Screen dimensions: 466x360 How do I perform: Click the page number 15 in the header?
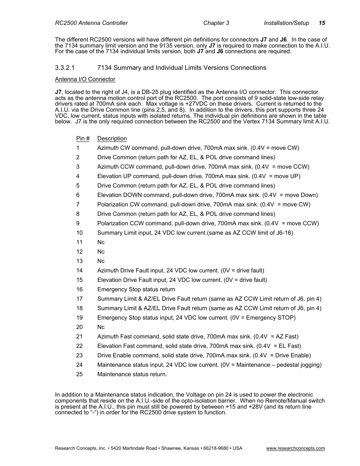click(x=322, y=23)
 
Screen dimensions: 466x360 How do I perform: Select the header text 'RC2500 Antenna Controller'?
click(x=91, y=23)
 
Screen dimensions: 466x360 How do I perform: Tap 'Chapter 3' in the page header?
click(x=216, y=23)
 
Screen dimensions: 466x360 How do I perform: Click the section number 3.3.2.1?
click(x=65, y=68)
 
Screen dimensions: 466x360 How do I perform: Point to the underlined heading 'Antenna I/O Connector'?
click(x=85, y=79)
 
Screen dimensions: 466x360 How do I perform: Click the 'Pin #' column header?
click(x=83, y=138)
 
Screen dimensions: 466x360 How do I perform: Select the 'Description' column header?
click(x=112, y=138)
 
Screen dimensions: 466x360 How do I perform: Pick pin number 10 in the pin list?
click(x=79, y=233)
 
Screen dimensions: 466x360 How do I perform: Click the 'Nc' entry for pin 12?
click(x=101, y=252)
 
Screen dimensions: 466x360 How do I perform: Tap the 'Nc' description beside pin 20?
click(x=101, y=327)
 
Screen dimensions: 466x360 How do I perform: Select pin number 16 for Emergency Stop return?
click(x=79, y=289)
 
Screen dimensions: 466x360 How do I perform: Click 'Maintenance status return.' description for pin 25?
click(x=132, y=374)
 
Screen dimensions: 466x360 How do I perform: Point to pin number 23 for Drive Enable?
click(x=79, y=355)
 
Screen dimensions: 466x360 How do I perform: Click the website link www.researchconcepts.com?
click(x=295, y=448)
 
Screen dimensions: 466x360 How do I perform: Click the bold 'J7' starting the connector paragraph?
click(x=58, y=92)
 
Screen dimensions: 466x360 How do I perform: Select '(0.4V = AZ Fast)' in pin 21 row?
click(x=276, y=337)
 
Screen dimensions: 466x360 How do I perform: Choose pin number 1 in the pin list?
click(x=78, y=148)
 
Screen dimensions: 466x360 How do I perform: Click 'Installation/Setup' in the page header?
click(x=286, y=23)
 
